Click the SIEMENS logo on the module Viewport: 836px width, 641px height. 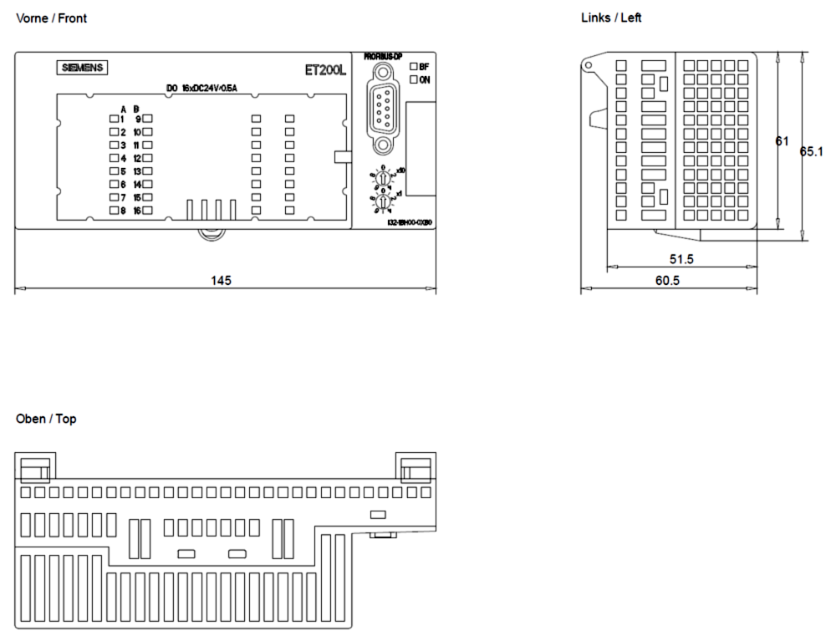coord(83,68)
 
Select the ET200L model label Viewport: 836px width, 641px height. coord(325,70)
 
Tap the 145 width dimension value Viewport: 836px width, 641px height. coord(221,280)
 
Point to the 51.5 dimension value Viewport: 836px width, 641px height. coord(681,259)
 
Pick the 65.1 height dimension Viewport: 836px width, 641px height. coord(812,152)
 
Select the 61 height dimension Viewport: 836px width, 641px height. coord(782,141)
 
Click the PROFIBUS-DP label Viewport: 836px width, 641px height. coord(383,56)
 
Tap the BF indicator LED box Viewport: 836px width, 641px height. coord(413,66)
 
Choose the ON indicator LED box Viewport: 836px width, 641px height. coord(413,79)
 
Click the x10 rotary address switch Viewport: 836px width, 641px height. coord(383,178)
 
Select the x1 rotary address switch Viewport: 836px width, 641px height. coord(383,201)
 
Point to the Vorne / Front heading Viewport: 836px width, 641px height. coord(51,18)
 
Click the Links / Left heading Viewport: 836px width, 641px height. coord(611,18)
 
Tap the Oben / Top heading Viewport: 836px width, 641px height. coord(46,419)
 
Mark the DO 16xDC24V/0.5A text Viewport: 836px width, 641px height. coord(201,88)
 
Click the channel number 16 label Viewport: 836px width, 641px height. coord(136,211)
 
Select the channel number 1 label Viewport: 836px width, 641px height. coord(122,119)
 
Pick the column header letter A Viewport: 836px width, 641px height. coord(123,109)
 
